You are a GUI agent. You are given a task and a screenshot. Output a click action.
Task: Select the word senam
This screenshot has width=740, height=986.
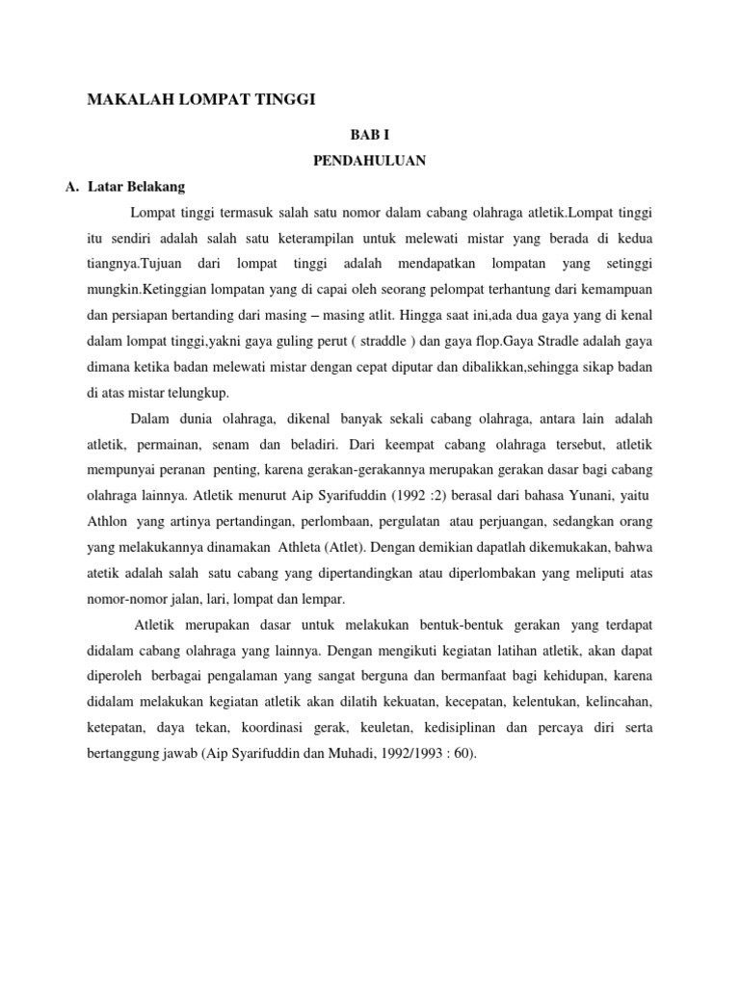click(254, 448)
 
